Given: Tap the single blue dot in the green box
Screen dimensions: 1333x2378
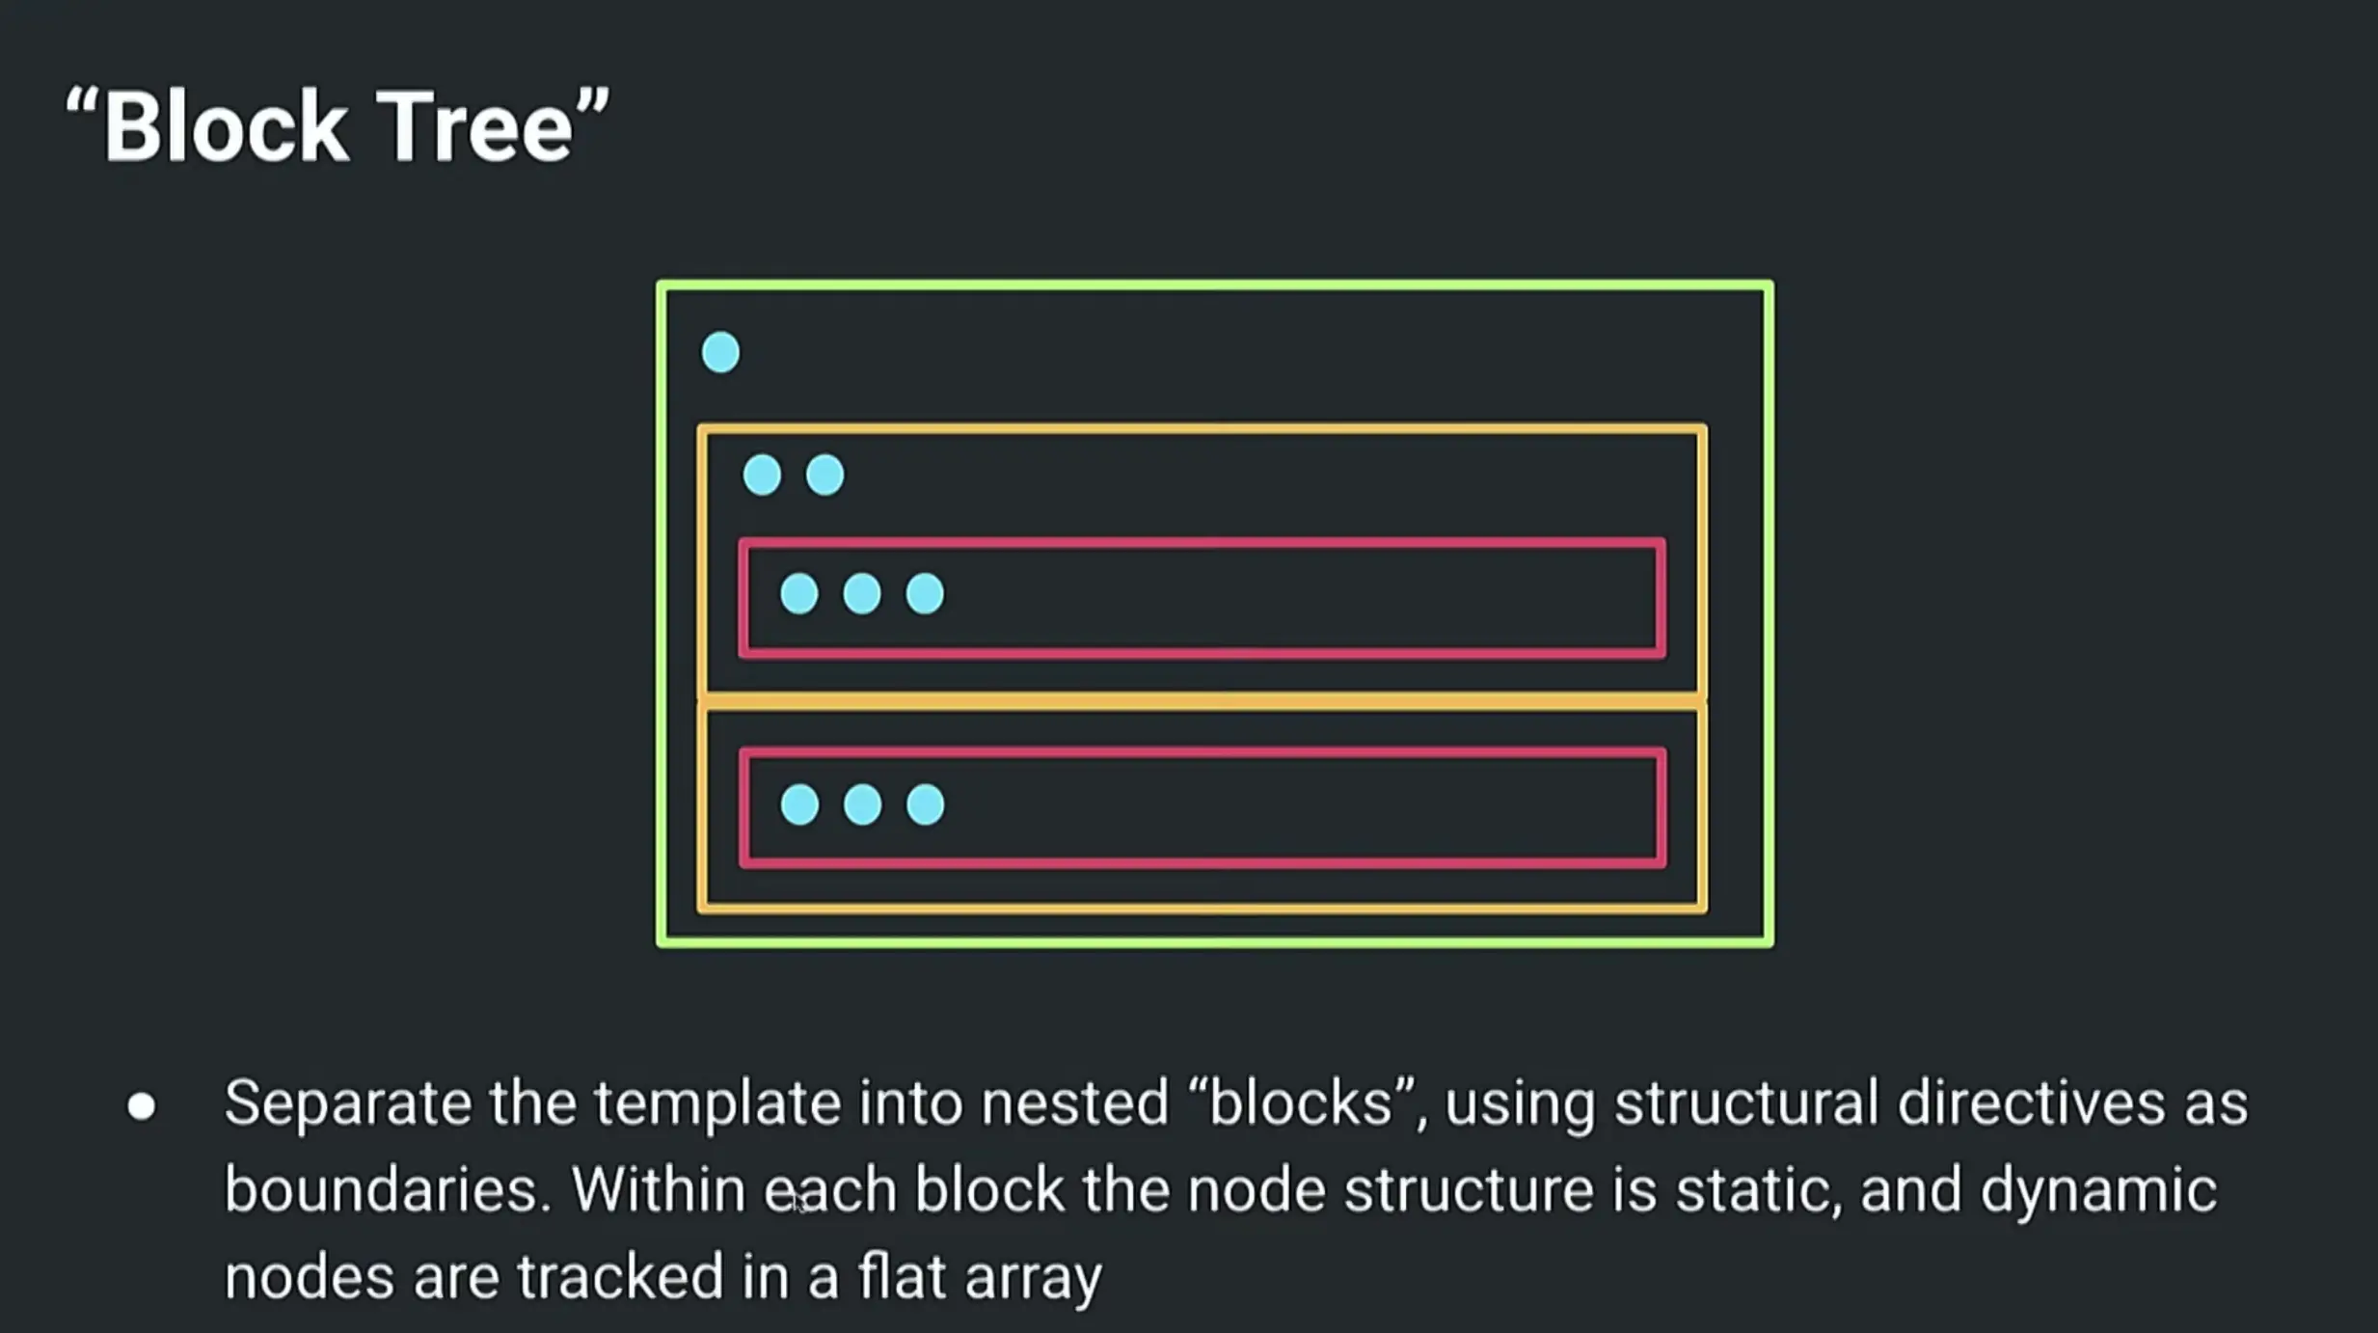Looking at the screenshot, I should (720, 352).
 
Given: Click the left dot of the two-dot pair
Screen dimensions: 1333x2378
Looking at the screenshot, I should (762, 475).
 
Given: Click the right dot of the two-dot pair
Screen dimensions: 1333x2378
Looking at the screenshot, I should (824, 475).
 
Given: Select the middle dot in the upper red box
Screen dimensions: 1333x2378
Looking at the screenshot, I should (862, 593).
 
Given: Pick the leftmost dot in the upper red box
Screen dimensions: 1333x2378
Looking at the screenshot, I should (799, 593).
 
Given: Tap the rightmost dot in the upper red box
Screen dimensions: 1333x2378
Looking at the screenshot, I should (925, 593).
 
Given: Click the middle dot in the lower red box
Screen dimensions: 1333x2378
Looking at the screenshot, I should (862, 804).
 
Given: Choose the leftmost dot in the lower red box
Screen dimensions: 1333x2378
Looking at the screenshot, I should (799, 804).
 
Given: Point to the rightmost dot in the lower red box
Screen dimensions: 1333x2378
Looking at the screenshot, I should (925, 804).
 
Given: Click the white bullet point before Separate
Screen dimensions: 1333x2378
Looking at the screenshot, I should (142, 1106).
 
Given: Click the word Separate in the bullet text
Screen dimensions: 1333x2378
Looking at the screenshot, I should (348, 1103).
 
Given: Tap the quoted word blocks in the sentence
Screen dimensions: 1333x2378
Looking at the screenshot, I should (1301, 1103).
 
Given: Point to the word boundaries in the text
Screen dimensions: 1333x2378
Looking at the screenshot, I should (387, 1190).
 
